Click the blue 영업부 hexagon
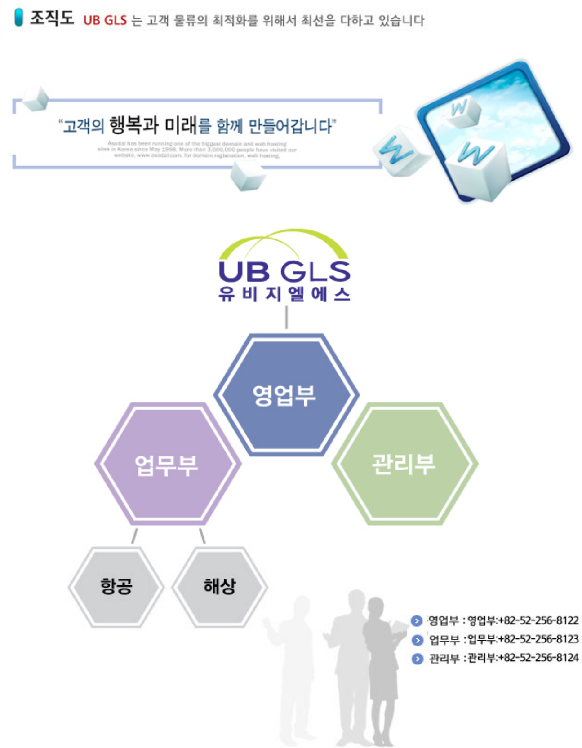(x=286, y=395)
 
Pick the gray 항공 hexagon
(x=116, y=586)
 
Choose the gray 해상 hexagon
(x=220, y=586)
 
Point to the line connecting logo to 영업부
(x=286, y=318)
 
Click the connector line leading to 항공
(x=134, y=536)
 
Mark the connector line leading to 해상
(x=202, y=536)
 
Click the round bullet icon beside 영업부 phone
(x=417, y=621)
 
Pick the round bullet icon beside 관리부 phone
(x=417, y=659)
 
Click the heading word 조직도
(x=52, y=18)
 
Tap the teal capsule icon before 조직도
(x=19, y=18)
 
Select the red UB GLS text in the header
(x=105, y=20)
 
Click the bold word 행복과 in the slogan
(x=134, y=125)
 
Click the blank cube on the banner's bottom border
(x=248, y=176)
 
